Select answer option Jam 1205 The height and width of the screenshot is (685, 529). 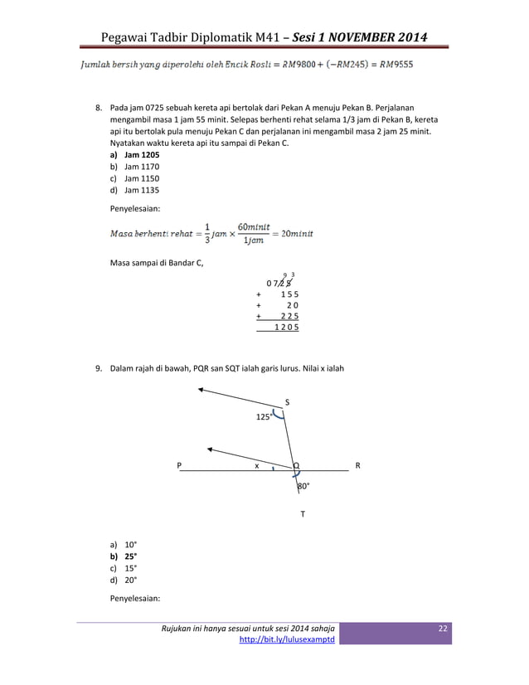tap(142, 155)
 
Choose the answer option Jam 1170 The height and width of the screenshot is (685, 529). tap(142, 167)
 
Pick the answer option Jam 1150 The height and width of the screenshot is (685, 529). tap(142, 178)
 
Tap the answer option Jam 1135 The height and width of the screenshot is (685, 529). tap(142, 190)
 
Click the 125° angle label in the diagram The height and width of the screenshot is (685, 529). tap(263, 417)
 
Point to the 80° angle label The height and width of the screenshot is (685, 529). tap(303, 486)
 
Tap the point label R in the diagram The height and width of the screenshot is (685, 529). tap(357, 466)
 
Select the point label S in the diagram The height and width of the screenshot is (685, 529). tap(287, 402)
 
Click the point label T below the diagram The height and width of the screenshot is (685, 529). tap(303, 515)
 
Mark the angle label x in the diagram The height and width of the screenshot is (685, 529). tap(257, 466)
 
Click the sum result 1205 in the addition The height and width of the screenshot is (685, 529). tap(286, 328)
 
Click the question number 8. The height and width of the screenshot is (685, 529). tap(98, 109)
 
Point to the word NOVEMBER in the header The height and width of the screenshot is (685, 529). tap(355, 36)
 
